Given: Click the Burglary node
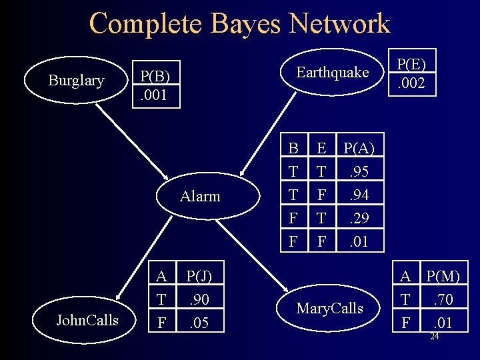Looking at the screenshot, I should (76, 81).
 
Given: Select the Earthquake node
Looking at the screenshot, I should (332, 72).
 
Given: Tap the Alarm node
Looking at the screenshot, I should (200, 197).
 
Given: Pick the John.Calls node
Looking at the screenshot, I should (87, 321).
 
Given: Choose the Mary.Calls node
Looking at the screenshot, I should (330, 308).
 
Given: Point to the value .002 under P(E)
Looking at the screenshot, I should (413, 84).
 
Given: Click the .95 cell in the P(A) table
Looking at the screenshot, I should (359, 173).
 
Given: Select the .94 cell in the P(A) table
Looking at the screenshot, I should (359, 195).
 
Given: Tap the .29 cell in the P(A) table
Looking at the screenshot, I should (359, 218).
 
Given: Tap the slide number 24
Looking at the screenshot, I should (434, 337).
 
